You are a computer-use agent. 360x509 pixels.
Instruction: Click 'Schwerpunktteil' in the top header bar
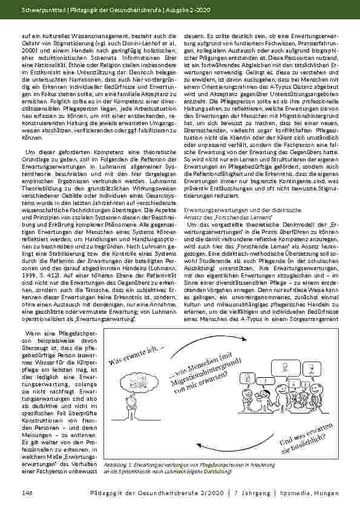(x=38, y=10)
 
